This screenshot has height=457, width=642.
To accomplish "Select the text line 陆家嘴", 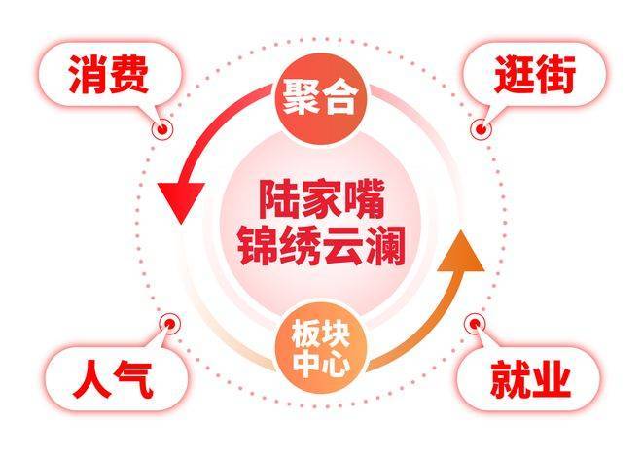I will coord(321,200).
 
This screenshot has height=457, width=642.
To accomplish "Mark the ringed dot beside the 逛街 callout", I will coord(480,127).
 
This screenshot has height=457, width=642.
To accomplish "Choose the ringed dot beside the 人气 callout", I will coord(168,323).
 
